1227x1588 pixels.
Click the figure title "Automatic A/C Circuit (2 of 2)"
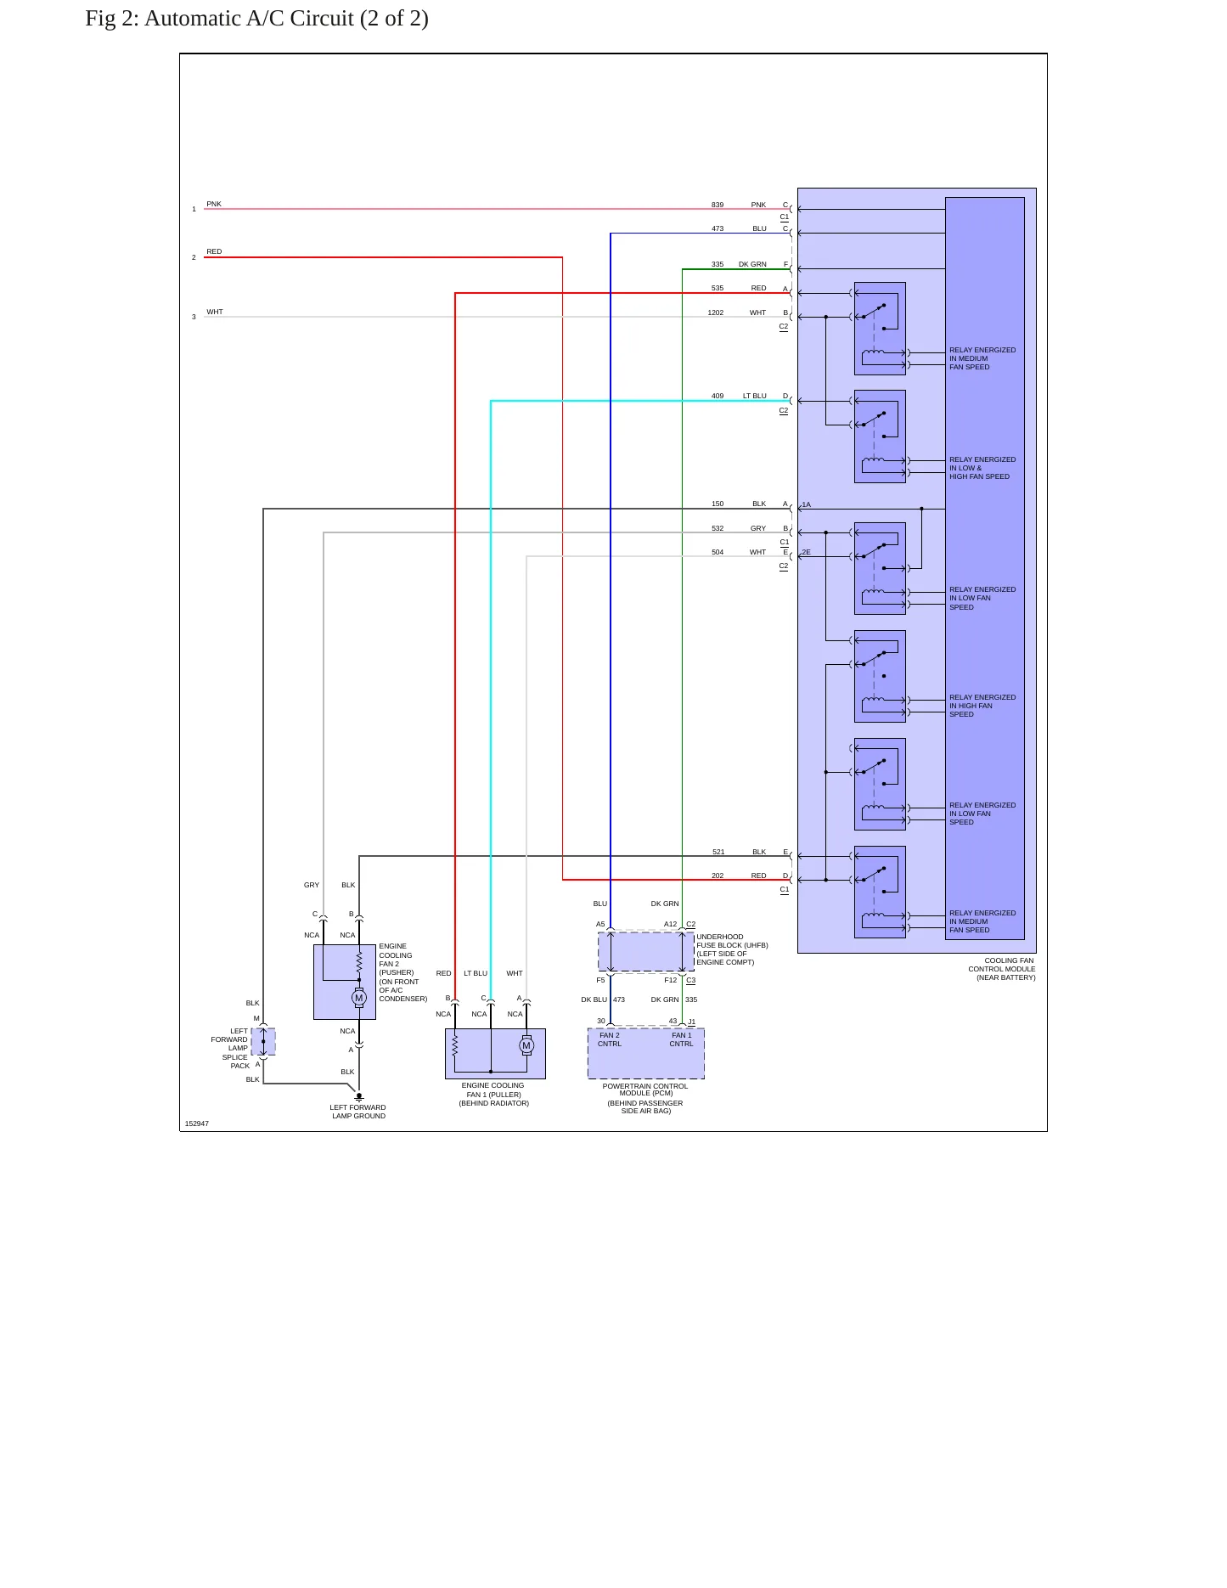pyautogui.click(x=286, y=19)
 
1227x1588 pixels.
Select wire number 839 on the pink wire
pyautogui.click(x=718, y=205)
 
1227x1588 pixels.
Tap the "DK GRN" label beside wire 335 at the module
pyautogui.click(x=752, y=264)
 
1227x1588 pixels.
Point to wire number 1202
pyautogui.click(x=716, y=313)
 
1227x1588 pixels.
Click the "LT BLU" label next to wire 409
pyautogui.click(x=755, y=396)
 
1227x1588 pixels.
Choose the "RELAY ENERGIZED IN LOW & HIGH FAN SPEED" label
pyautogui.click(x=982, y=468)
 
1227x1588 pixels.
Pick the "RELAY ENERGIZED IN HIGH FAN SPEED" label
pyautogui.click(x=982, y=706)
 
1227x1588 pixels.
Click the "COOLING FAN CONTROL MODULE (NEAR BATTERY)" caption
pyautogui.click(x=1002, y=969)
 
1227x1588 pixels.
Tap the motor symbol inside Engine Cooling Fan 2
pyautogui.click(x=359, y=998)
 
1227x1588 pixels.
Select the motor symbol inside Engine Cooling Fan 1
pyautogui.click(x=526, y=1045)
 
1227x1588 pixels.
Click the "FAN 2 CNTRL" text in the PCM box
pyautogui.click(x=610, y=1039)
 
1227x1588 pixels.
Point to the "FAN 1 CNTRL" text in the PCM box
pyautogui.click(x=681, y=1039)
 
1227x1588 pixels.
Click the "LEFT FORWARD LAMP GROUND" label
pyautogui.click(x=358, y=1112)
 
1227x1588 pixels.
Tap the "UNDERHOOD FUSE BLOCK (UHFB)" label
pyautogui.click(x=732, y=941)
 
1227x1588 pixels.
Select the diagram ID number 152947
pyautogui.click(x=197, y=1123)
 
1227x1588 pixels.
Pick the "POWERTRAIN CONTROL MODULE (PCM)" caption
pyautogui.click(x=645, y=1090)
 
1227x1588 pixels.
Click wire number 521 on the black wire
pyautogui.click(x=718, y=852)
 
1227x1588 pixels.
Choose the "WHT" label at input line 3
pyautogui.click(x=215, y=312)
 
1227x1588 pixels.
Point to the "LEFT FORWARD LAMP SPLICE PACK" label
pyautogui.click(x=231, y=1048)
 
